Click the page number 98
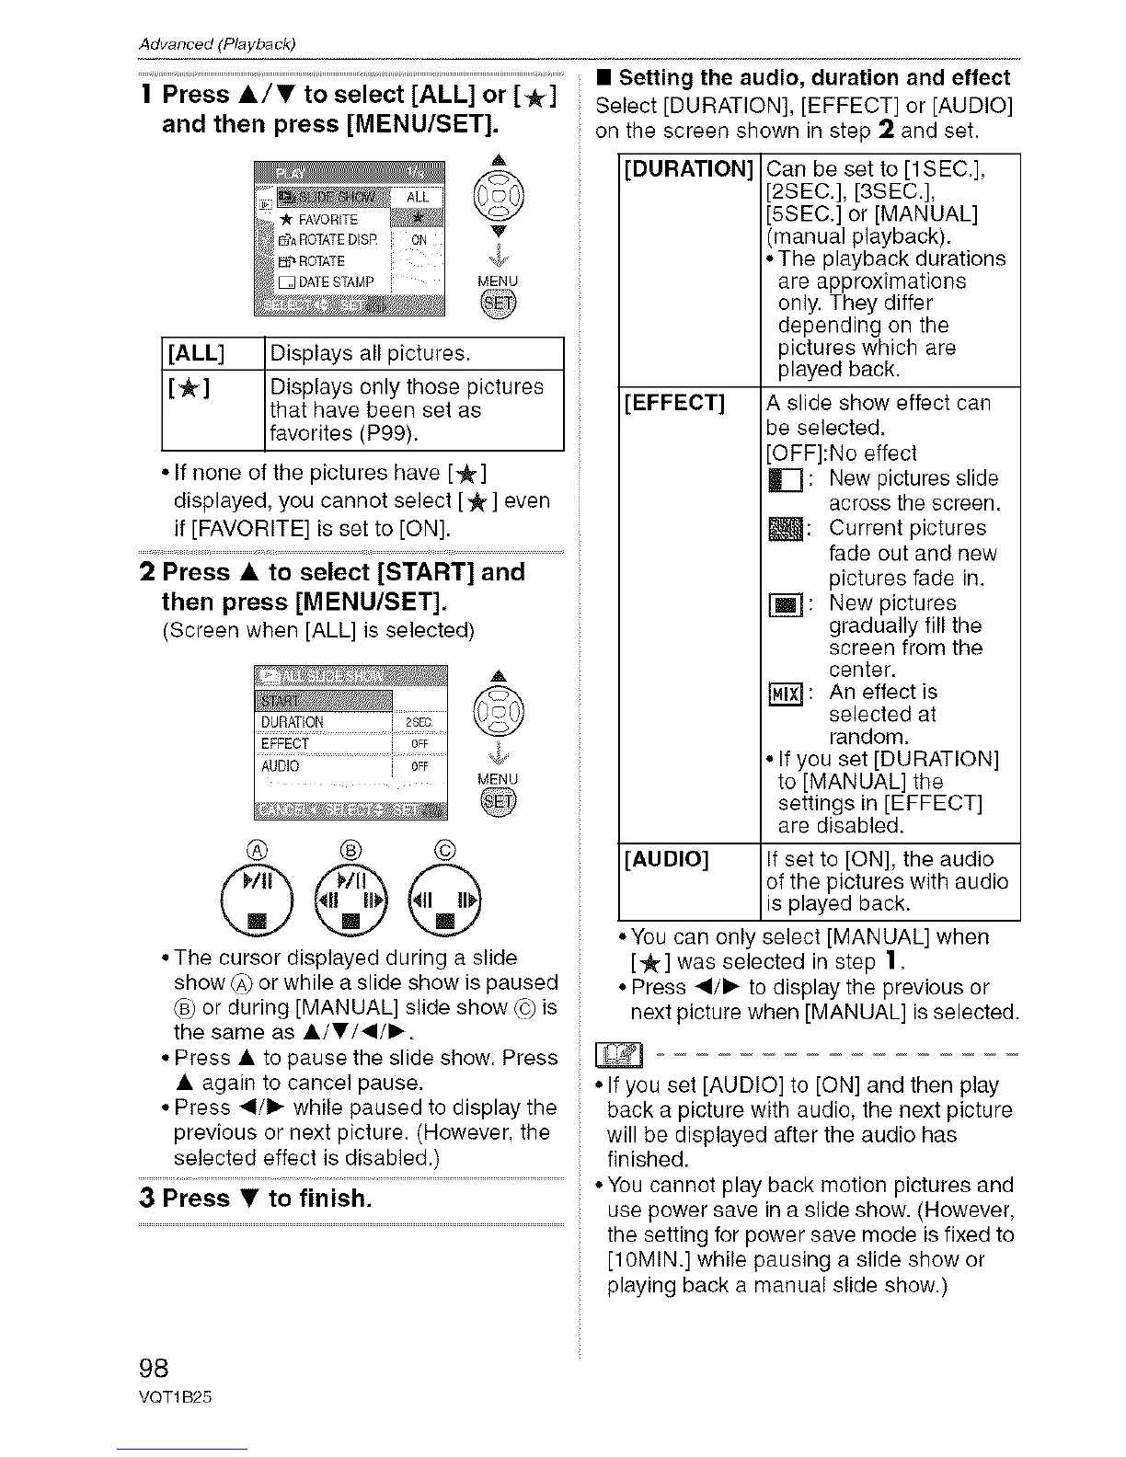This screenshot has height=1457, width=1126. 152,1368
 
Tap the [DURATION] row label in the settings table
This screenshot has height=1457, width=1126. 689,170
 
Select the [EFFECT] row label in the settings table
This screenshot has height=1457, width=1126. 674,404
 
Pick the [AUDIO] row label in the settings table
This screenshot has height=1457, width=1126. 666,860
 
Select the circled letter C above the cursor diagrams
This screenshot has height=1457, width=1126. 446,849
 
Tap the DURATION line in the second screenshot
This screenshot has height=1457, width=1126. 293,722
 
